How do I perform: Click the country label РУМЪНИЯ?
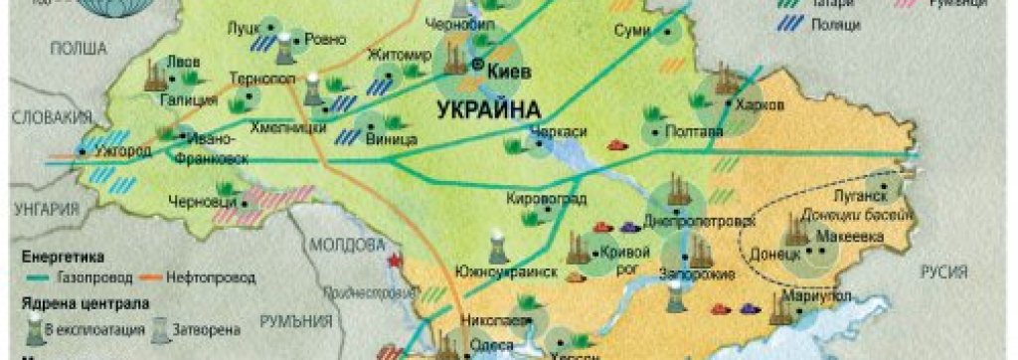tap(295, 321)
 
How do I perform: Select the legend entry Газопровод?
tap(93, 277)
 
